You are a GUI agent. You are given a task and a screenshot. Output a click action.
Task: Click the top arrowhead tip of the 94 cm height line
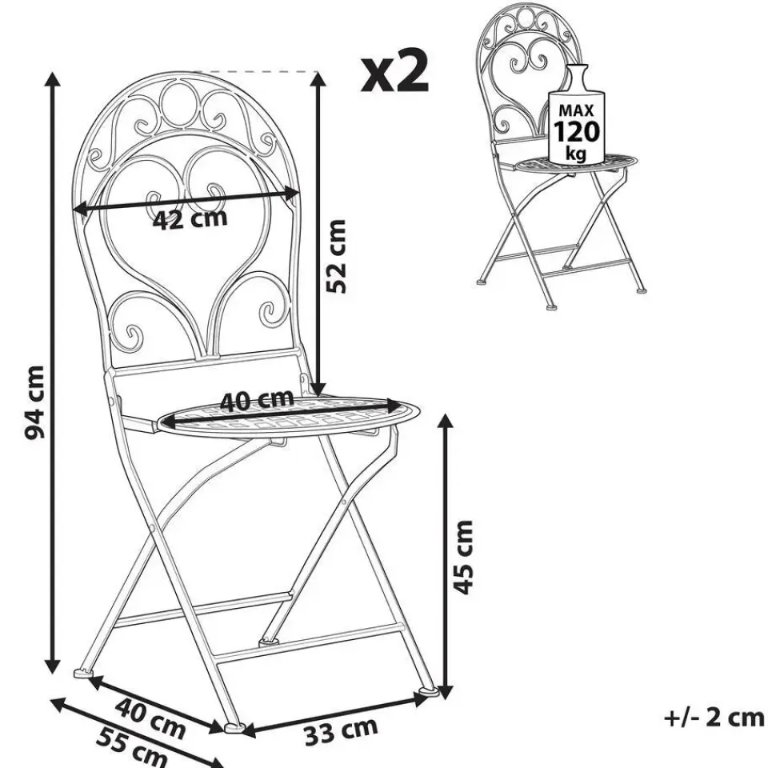53,73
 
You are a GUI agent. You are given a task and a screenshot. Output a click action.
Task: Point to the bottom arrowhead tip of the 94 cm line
53,674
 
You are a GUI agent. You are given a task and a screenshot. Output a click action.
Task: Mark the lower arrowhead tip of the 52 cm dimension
318,396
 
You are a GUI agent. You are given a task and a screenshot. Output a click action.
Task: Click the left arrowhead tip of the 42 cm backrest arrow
73,210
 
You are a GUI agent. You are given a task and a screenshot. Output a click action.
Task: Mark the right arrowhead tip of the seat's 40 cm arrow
402,406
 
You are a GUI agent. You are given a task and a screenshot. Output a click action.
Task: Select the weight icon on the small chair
576,114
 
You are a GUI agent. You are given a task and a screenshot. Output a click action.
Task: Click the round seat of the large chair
290,415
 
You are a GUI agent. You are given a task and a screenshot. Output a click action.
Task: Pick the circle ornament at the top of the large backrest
178,103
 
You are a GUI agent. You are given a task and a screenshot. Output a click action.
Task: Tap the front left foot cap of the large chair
84,674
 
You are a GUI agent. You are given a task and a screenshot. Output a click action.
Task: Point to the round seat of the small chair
578,162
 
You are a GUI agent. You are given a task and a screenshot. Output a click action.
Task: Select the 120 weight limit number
576,130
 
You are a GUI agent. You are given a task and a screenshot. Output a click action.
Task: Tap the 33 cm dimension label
341,730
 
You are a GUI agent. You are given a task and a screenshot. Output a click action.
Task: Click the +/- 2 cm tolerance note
714,718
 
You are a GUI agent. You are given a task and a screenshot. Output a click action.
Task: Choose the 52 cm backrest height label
336,256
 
